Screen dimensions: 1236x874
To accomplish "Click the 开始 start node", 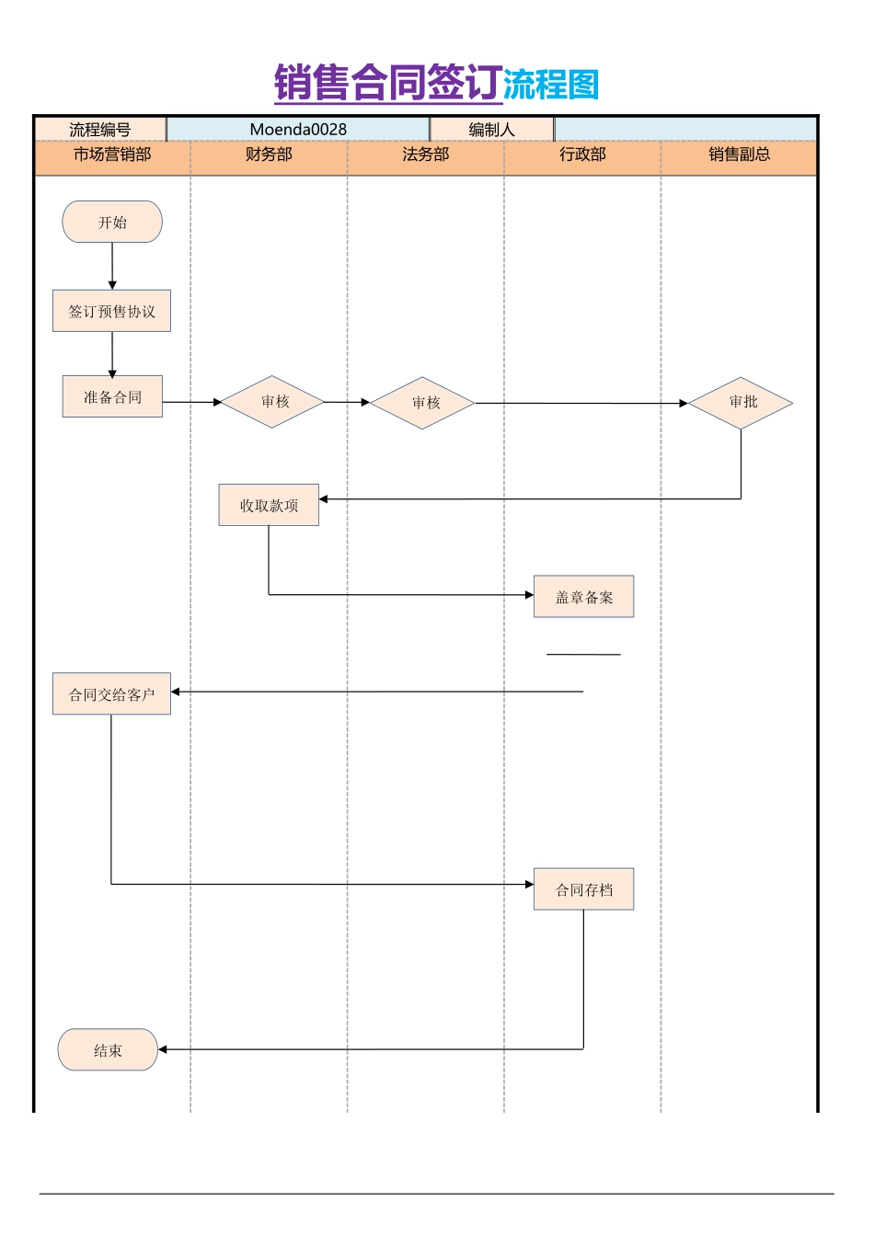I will pos(112,222).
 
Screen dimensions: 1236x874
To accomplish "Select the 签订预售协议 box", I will pos(111,311).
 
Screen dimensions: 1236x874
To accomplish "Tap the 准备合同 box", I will pos(112,396).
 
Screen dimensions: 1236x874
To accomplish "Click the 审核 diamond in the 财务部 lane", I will pos(273,402).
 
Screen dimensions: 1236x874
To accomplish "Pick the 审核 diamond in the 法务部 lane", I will pos(423,403).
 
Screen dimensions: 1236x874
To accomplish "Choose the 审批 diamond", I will pos(741,403).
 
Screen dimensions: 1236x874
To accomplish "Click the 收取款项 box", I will pos(269,505).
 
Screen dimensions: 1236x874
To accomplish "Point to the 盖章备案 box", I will pos(583,597).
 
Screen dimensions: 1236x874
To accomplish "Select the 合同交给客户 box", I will pos(111,694).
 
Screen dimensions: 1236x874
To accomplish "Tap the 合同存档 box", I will pos(583,889).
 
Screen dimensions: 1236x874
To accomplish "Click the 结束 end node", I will pos(108,1049).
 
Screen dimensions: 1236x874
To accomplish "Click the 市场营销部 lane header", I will pos(112,154).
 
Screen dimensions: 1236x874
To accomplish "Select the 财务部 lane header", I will pos(269,154).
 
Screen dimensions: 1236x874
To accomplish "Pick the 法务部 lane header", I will pos(425,154).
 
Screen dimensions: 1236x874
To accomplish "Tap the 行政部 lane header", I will pos(582,154).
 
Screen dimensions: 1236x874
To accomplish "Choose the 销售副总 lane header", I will pos(739,154).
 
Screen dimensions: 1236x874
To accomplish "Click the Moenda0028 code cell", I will pos(298,130).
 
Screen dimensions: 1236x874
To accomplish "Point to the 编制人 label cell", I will pos(491,130).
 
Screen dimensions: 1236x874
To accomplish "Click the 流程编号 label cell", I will pos(100,130).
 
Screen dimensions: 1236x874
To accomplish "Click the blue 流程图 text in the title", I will pos(551,85).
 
